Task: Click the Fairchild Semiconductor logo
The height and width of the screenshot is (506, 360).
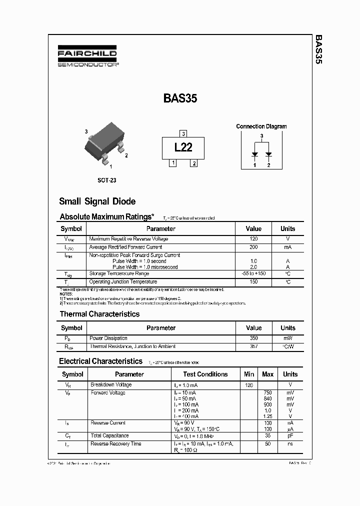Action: coord(87,57)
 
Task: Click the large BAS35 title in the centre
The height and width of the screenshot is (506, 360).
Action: coord(180,98)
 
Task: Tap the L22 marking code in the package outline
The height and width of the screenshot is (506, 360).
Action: coord(183,147)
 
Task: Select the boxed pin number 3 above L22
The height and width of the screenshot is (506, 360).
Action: coord(183,133)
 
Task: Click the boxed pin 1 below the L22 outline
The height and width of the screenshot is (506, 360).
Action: coord(172,163)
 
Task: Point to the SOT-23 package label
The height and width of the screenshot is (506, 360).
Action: coord(106,180)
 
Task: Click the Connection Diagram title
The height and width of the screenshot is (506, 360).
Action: coord(261,126)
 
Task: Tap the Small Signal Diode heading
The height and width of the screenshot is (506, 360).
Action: coord(97,201)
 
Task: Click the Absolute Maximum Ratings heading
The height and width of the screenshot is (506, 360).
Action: coord(106,217)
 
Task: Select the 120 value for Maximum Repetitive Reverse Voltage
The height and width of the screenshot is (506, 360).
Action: coord(253,239)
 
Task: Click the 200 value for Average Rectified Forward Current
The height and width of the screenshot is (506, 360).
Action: coord(253,247)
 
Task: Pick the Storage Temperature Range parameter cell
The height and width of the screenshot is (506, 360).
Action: coord(119,273)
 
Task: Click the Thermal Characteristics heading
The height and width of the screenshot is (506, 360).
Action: coord(99,314)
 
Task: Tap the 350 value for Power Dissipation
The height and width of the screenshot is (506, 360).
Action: coord(253,338)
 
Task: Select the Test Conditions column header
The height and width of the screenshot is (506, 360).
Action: coord(205,374)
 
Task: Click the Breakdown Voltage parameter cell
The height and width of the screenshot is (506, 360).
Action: coord(111,385)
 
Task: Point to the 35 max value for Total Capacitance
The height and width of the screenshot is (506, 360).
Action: coord(267,436)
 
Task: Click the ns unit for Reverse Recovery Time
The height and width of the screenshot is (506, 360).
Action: coord(290,444)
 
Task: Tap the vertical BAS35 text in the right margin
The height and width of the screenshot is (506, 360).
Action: coord(319,50)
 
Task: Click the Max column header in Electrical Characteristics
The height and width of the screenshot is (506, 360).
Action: coord(267,374)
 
